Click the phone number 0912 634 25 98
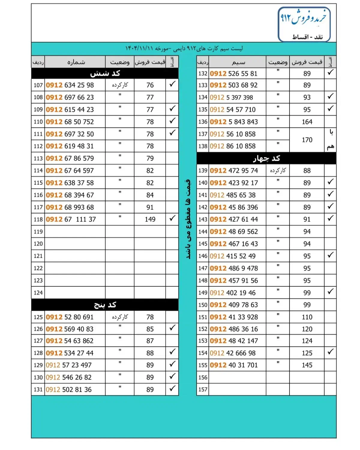[x=70, y=85]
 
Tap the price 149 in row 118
[x=150, y=220]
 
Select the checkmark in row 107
[x=172, y=84]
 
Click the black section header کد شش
[x=105, y=73]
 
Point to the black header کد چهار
[x=266, y=158]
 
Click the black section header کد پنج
[x=105, y=305]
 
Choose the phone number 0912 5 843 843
[x=234, y=122]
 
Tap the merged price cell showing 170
[x=307, y=140]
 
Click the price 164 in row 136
[x=307, y=122]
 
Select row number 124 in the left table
[x=38, y=293]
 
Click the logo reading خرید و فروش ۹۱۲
[x=304, y=24]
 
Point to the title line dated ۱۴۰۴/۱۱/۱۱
[x=184, y=49]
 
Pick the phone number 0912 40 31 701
[x=234, y=365]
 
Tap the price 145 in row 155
[x=307, y=365]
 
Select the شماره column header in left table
[x=76, y=62]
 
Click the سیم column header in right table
[x=238, y=62]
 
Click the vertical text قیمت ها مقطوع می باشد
[x=188, y=219]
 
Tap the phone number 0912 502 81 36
[x=69, y=390]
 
